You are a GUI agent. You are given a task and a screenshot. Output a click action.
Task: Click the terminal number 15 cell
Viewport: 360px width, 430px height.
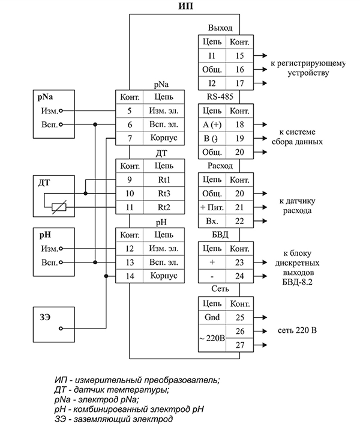pos(239,55)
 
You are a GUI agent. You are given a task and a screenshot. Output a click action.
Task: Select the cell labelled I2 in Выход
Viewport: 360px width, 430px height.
pos(211,83)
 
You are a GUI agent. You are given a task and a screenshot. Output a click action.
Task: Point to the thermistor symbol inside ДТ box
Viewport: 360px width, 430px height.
pos(58,207)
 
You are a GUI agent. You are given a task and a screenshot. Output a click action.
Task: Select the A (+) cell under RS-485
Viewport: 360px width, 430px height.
pos(211,124)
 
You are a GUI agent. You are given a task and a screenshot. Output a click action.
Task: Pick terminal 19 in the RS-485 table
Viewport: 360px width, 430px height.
pos(239,138)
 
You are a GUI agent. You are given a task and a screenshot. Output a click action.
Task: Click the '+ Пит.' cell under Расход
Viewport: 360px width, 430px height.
pos(211,207)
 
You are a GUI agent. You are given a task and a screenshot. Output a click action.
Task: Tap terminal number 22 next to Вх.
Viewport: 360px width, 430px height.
pos(239,221)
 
